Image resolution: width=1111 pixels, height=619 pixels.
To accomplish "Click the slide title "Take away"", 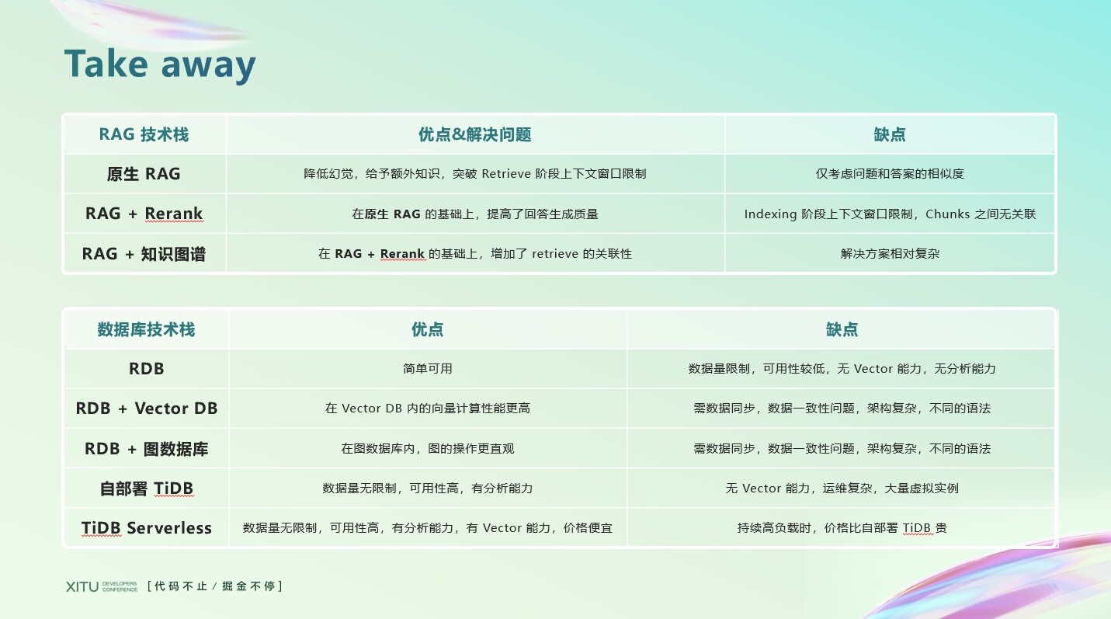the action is coord(160,65).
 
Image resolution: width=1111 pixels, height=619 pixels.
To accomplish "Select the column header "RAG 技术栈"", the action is coord(144,134).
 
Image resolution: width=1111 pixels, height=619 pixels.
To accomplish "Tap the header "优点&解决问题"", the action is coord(474,134).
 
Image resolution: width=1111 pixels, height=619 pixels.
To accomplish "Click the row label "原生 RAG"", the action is coord(144,174).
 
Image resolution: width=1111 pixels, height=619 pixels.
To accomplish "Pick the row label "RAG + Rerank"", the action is coord(144,214).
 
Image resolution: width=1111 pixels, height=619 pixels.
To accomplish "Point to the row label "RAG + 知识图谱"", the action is coord(144,254).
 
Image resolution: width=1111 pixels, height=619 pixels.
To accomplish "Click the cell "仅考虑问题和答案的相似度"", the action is coord(890,174).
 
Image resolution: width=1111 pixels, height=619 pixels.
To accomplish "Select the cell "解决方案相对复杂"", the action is coord(890,253).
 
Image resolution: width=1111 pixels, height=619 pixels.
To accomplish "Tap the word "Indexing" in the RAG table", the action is coord(770,214).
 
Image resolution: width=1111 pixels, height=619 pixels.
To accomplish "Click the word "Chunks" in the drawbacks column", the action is coord(947,214).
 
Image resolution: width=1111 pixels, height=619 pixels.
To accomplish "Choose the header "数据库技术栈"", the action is coord(146,329).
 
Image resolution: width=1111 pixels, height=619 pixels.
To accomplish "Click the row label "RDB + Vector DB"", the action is coord(146,409).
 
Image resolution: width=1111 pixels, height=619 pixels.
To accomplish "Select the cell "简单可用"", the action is coord(428,368).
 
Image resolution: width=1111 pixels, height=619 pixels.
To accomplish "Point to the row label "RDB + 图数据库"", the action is coord(146,448).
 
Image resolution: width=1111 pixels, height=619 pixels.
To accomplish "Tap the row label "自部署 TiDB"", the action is coord(146,489).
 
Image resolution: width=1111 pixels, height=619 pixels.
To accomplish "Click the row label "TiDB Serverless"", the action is coord(146,527).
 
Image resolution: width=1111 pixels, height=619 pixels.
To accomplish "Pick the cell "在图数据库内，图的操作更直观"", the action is coord(428,448).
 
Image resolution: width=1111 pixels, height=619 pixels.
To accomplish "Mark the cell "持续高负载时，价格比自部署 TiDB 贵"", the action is coord(842,527).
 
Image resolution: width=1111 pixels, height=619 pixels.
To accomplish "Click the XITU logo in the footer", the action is coord(102,586).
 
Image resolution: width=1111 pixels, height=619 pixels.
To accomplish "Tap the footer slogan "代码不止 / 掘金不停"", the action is coord(215,586).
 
